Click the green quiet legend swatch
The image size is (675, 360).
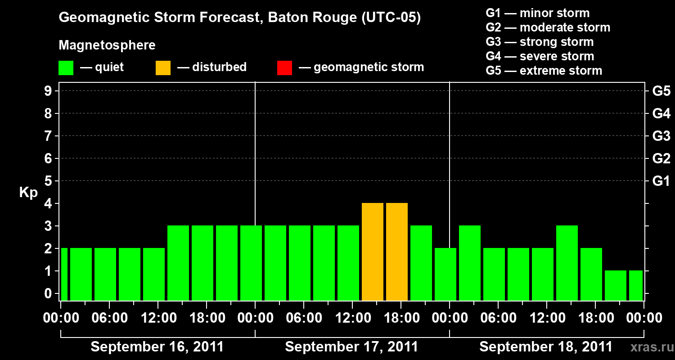(66, 67)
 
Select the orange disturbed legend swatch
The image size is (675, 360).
(163, 67)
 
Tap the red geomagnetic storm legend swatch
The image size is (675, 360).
(284, 67)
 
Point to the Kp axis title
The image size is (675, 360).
(28, 193)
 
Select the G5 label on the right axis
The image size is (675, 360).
(661, 91)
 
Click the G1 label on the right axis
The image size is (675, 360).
(661, 181)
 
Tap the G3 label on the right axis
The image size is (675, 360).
(661, 136)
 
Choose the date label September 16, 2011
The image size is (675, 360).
(157, 347)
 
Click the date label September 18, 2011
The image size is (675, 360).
(546, 347)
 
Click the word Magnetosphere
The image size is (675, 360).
(107, 45)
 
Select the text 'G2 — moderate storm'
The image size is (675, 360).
(548, 27)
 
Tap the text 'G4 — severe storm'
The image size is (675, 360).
(540, 56)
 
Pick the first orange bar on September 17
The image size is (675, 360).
(373, 252)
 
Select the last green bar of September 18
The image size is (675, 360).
(635, 285)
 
